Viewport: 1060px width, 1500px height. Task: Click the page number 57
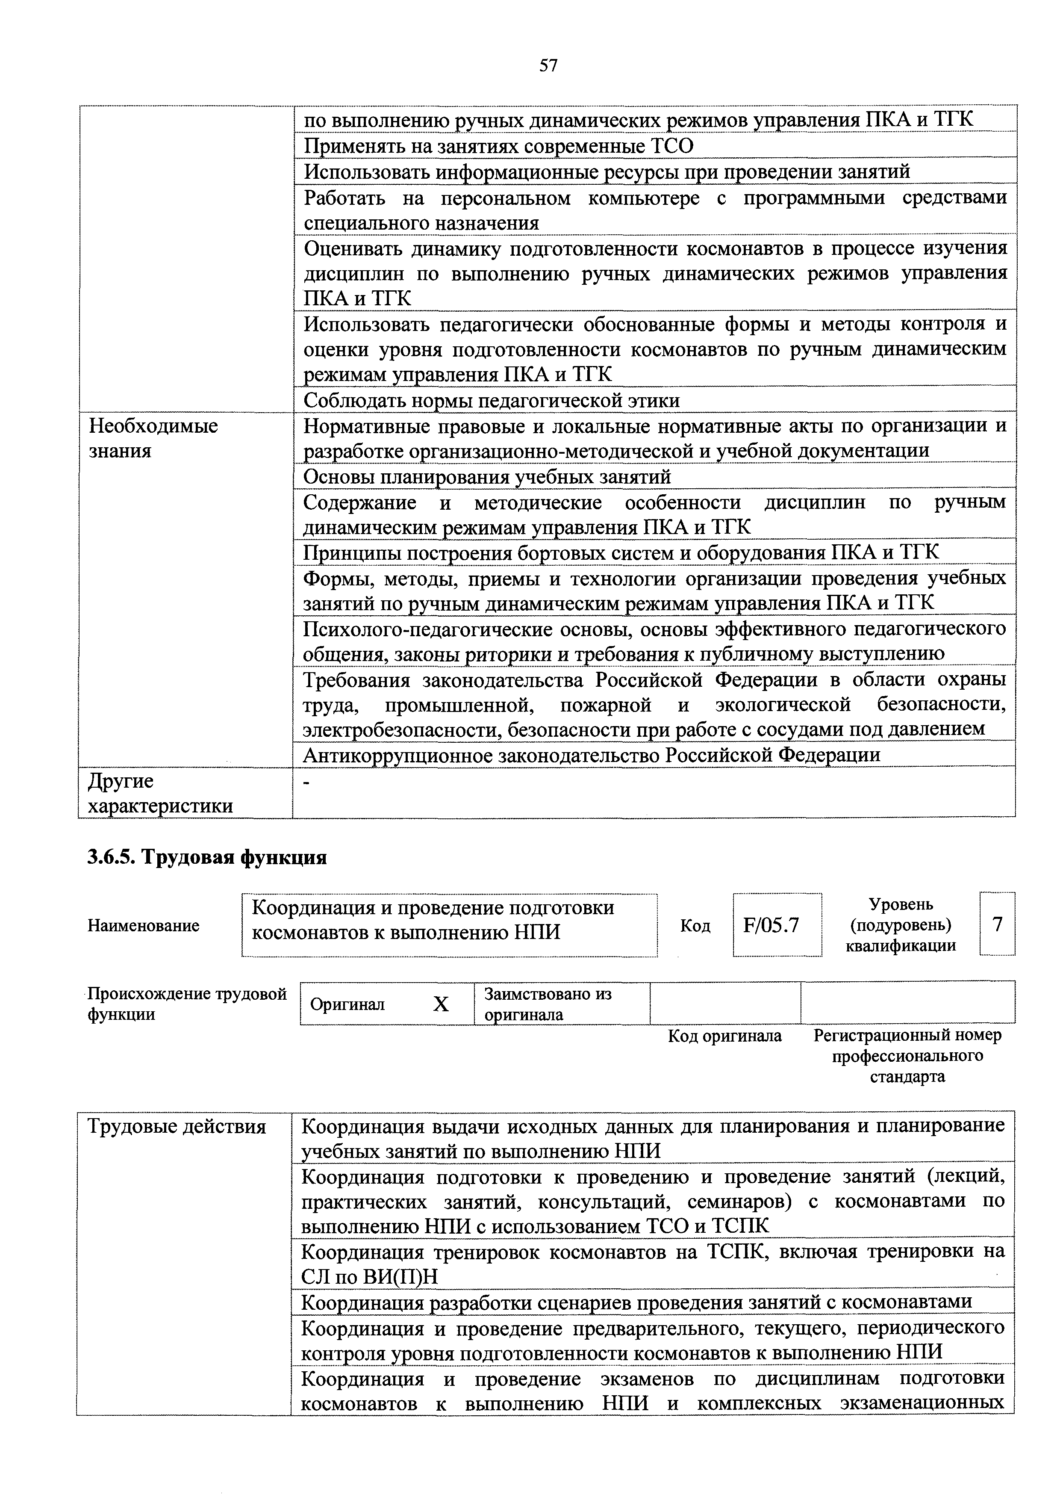[549, 65]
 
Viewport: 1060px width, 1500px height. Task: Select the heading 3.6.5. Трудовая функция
[207, 856]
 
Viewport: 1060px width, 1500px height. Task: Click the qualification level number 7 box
[997, 924]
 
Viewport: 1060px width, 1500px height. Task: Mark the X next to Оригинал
[442, 1004]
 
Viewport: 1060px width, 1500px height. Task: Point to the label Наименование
[143, 926]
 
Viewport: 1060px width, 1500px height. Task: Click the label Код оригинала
[724, 1036]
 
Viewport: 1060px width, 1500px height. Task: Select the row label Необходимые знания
[153, 438]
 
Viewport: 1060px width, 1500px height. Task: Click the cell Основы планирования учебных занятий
[487, 477]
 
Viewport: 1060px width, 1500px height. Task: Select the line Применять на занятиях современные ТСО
[499, 146]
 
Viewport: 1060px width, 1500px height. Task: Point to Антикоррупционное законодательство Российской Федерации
[592, 755]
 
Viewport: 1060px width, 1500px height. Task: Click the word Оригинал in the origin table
[347, 1004]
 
